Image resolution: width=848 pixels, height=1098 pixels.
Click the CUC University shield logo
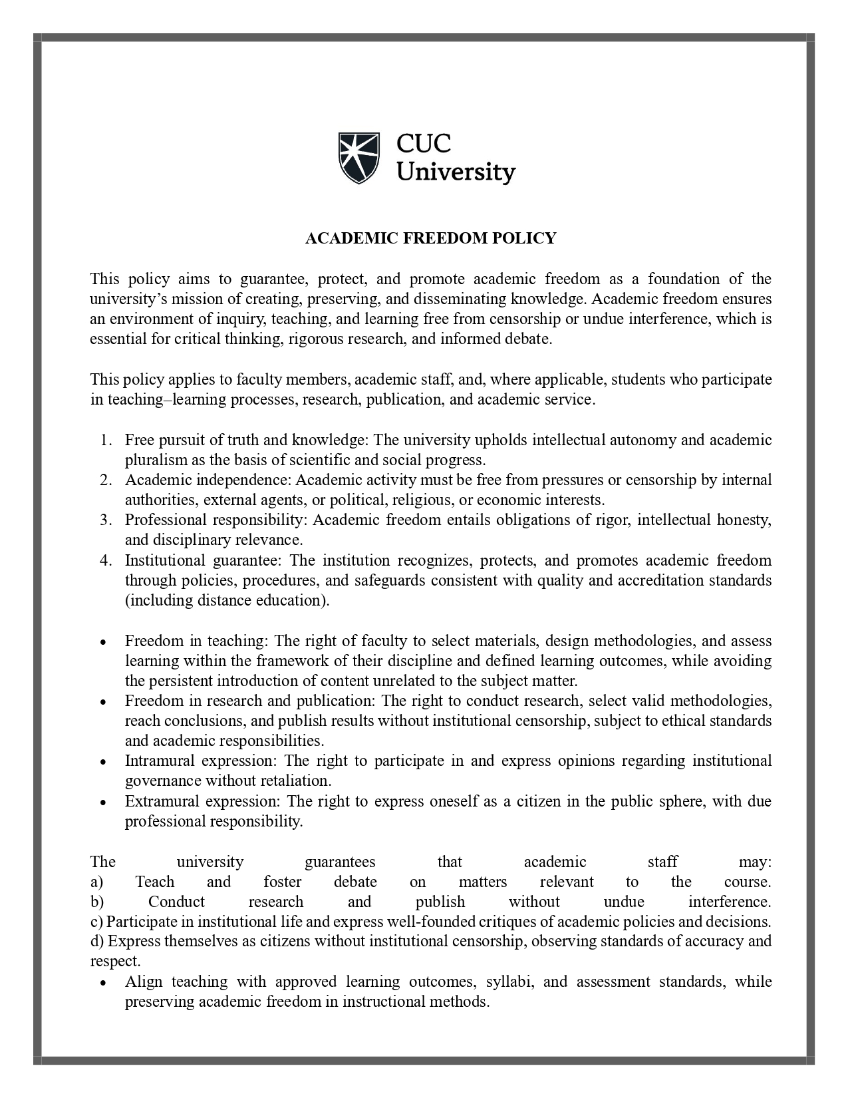click(x=358, y=157)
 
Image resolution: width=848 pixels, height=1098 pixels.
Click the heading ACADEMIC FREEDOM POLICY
click(x=430, y=238)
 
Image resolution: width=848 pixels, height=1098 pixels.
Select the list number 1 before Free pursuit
click(x=106, y=441)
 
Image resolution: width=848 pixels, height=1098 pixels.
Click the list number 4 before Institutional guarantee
click(x=106, y=560)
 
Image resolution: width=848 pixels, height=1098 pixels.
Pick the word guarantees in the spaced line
click(x=340, y=862)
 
